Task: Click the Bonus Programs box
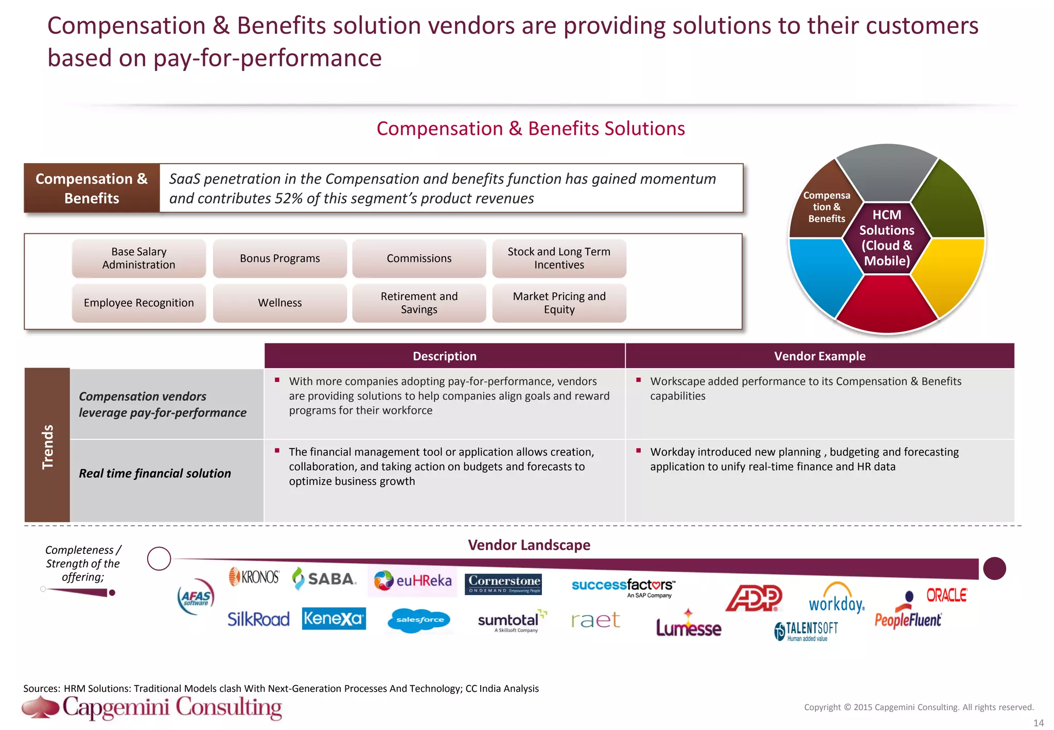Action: tap(279, 258)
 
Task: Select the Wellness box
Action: tap(279, 303)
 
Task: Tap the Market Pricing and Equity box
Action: tap(559, 303)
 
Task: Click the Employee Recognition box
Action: tap(138, 303)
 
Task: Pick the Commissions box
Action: tap(419, 258)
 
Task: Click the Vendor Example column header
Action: tap(819, 356)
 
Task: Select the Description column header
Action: tap(444, 356)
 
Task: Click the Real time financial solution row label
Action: tap(155, 474)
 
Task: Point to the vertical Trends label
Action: tap(47, 446)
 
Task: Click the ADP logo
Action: tap(754, 598)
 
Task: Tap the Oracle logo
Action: tap(946, 595)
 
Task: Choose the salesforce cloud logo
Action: tap(419, 620)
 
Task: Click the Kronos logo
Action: tap(254, 577)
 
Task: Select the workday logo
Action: tap(836, 600)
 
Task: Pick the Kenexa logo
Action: tap(333, 618)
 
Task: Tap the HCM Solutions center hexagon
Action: tap(887, 238)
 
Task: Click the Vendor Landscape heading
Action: tap(529, 545)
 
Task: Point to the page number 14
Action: tap(1039, 723)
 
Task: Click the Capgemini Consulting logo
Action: tap(152, 707)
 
